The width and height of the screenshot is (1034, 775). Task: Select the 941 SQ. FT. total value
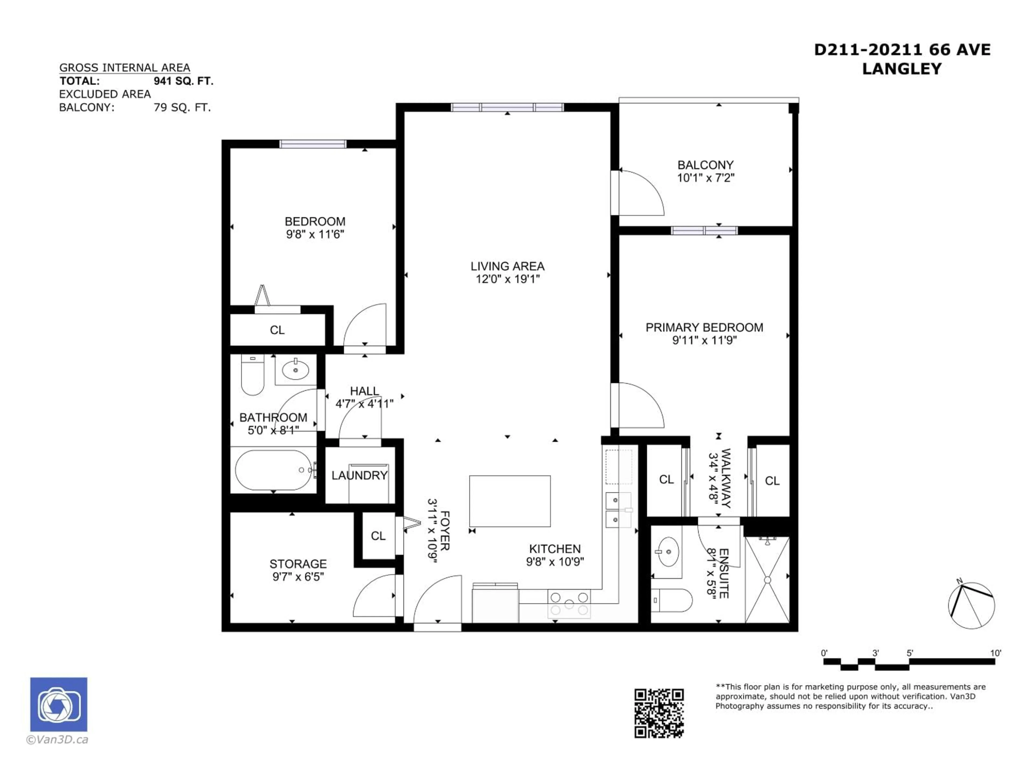(183, 81)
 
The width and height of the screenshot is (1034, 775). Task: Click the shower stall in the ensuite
(767, 580)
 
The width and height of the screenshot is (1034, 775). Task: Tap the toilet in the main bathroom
(252, 376)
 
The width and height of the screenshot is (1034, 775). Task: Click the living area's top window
(507, 107)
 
